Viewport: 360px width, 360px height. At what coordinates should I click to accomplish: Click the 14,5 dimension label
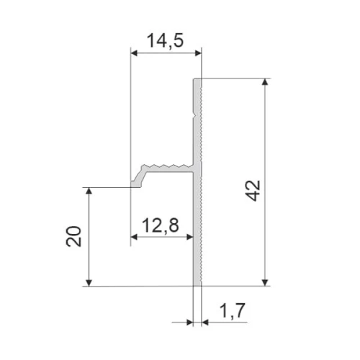[x=165, y=41]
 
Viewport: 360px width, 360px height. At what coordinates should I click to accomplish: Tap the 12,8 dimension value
[x=161, y=225]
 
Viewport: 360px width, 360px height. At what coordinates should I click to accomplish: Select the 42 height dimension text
[x=253, y=190]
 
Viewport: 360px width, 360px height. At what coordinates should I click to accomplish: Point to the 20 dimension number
[x=73, y=236]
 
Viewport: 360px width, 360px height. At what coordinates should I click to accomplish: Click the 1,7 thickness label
[x=233, y=310]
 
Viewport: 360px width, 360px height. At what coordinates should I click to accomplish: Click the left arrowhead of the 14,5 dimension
[x=134, y=53]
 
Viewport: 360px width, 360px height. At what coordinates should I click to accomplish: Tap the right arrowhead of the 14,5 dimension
[x=198, y=53]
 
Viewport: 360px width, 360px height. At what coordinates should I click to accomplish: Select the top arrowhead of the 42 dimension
[x=265, y=81]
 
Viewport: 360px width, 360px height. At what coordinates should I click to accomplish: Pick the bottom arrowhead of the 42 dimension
[x=265, y=283]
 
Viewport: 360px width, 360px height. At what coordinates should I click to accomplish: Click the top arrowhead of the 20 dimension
[x=89, y=191]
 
